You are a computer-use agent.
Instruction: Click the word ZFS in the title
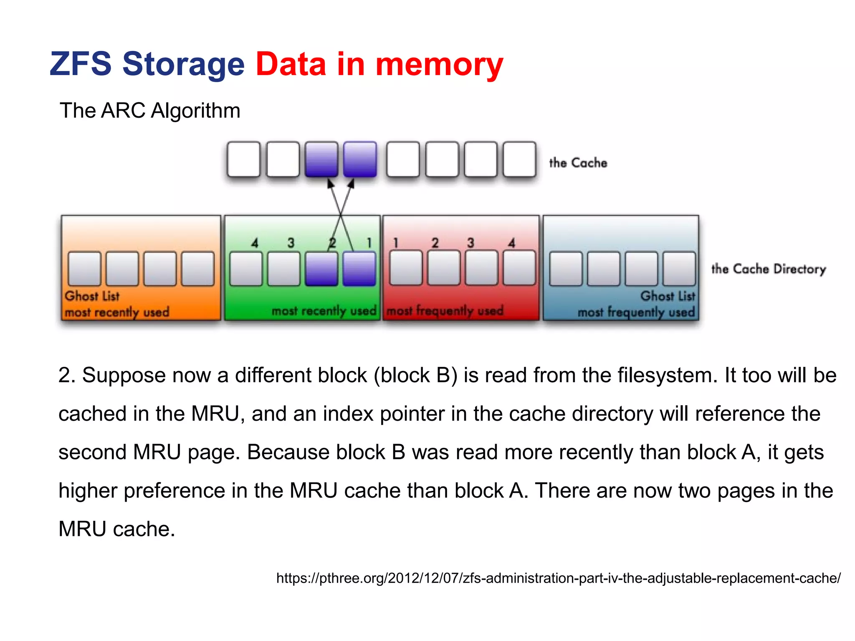81,64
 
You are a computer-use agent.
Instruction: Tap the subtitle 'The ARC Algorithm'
150,111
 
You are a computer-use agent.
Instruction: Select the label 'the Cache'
578,163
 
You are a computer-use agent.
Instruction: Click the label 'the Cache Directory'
768,269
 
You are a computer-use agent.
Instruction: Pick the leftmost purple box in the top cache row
321,159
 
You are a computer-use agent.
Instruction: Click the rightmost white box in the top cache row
519,159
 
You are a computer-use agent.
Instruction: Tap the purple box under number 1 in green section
359,269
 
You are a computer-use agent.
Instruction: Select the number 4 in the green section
255,243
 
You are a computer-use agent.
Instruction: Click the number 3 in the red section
471,243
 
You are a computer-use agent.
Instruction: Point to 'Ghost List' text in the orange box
92,296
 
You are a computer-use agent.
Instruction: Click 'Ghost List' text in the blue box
668,296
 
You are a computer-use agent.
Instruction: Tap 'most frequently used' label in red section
445,311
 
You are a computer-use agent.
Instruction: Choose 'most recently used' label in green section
324,311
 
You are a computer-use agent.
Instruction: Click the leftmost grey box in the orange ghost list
84,269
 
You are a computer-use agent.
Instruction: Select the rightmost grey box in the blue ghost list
679,269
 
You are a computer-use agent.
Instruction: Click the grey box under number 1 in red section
405,268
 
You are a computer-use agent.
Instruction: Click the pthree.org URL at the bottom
558,578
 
